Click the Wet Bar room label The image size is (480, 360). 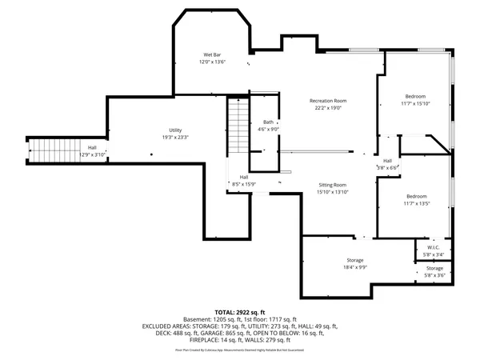212,54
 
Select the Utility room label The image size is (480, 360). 174,130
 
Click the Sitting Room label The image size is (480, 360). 334,184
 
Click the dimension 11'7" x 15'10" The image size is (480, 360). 415,103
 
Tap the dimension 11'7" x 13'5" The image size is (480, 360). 416,203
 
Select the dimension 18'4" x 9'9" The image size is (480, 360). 355,267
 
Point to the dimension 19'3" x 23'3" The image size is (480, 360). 174,137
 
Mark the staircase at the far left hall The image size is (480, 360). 45,150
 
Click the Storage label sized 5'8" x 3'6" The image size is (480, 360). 434,268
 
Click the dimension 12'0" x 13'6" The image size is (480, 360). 212,62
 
